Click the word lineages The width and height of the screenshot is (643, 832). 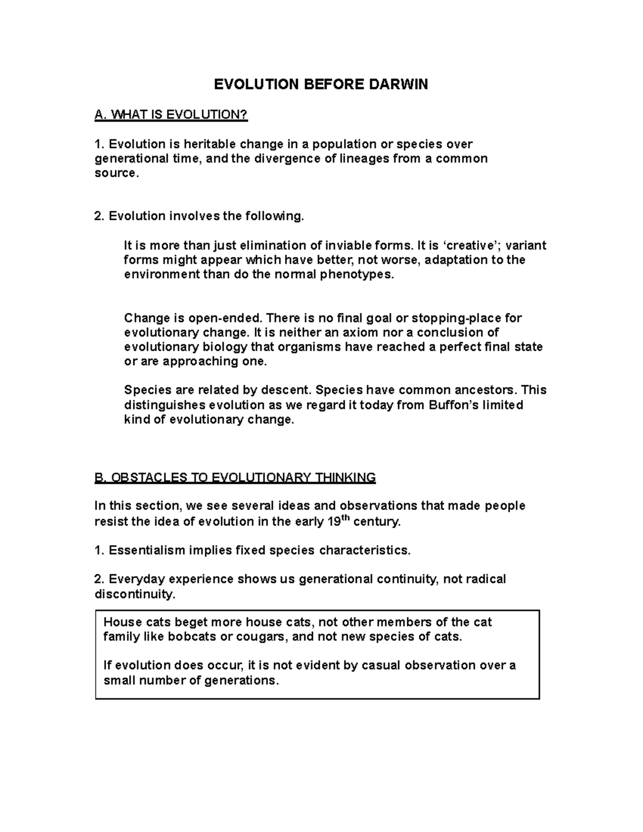[x=365, y=159]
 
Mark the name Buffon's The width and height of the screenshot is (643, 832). [x=455, y=404]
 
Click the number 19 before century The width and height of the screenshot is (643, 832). [x=333, y=522]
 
